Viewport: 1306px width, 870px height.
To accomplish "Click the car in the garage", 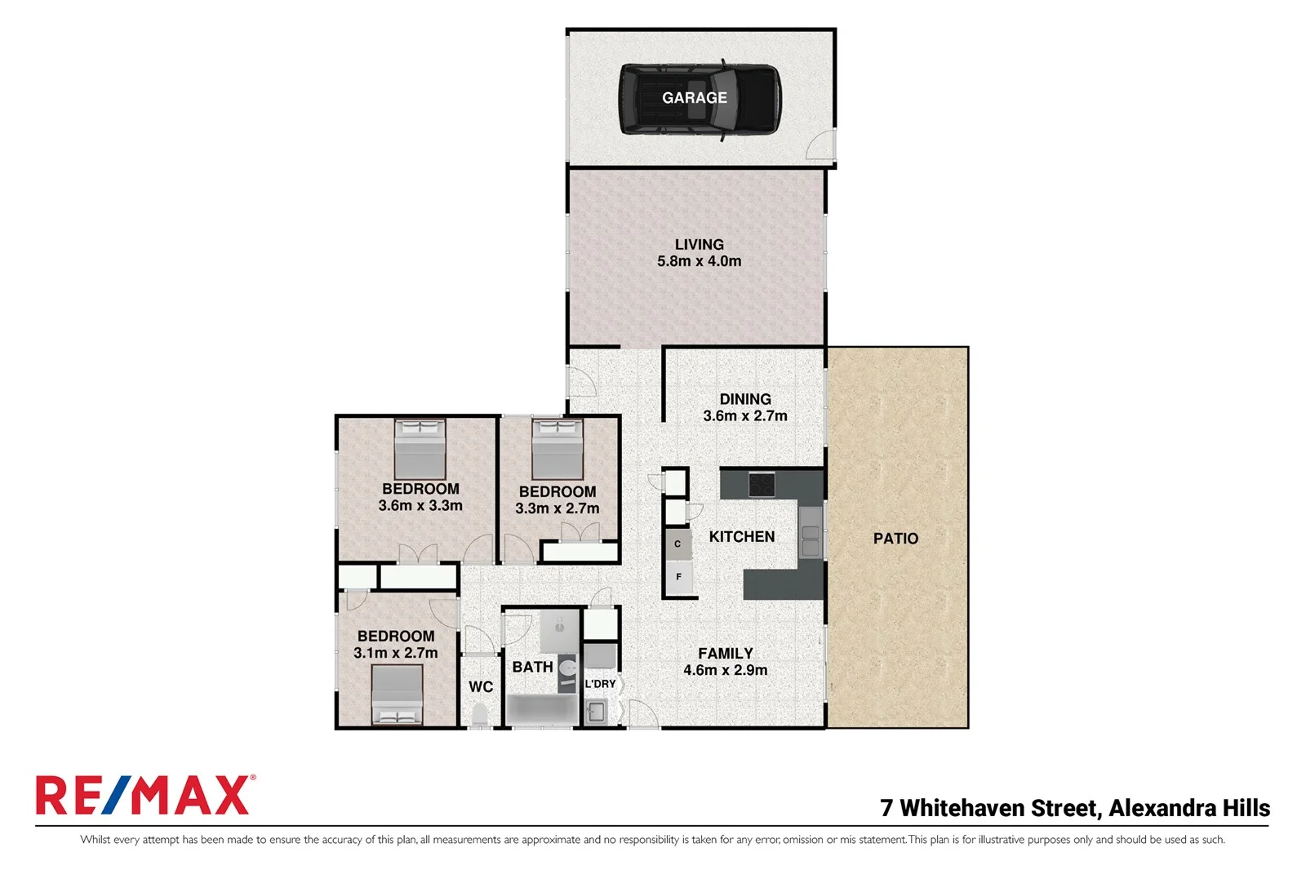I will pos(699,100).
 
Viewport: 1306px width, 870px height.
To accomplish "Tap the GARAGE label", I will pos(694,98).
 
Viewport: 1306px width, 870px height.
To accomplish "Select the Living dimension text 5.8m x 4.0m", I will pos(699,262).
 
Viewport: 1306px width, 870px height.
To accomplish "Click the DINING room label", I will pos(744,399).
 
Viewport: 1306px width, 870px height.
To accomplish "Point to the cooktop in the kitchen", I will pos(762,485).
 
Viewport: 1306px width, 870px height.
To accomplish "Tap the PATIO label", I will pos(895,539).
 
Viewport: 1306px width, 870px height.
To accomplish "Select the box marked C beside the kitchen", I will pos(677,544).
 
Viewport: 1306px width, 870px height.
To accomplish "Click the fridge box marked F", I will pos(678,577).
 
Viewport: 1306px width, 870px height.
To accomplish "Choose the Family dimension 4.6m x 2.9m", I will pos(725,671).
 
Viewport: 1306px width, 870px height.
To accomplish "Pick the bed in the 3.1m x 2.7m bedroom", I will pos(397,695).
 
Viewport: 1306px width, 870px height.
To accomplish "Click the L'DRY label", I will pos(600,684).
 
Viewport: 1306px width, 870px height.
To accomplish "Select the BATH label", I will pos(532,667).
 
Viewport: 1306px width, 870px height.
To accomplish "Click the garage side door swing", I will pos(820,145).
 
